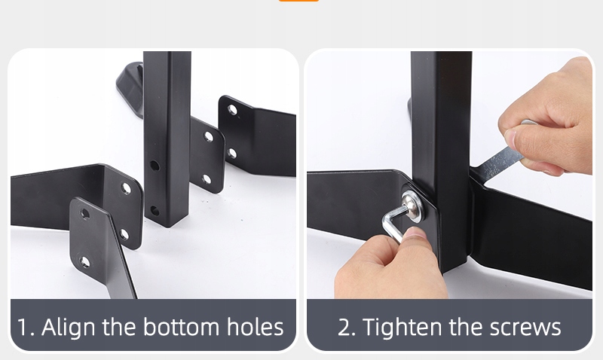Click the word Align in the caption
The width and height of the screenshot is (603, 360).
pyautogui.click(x=68, y=328)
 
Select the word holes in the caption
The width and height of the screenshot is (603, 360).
pyautogui.click(x=256, y=327)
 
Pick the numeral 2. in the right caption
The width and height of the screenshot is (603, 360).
pyautogui.click(x=347, y=328)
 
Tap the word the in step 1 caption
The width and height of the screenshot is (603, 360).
pyautogui.click(x=119, y=327)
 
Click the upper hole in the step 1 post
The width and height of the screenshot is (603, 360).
pyautogui.click(x=155, y=166)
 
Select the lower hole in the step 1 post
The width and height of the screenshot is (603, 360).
pyautogui.click(x=155, y=211)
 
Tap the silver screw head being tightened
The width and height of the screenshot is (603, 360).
pyautogui.click(x=412, y=206)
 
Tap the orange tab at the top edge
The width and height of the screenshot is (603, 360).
pyautogui.click(x=298, y=1)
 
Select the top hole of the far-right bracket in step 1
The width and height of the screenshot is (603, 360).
pyautogui.click(x=232, y=110)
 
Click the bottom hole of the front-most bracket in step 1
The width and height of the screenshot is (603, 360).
pyautogui.click(x=84, y=262)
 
